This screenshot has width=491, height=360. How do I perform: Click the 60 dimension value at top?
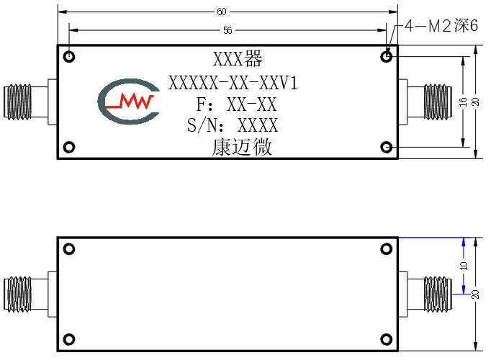coord(222,12)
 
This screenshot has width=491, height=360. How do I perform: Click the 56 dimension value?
coord(228,30)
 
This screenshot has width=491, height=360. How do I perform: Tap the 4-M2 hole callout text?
coord(441,26)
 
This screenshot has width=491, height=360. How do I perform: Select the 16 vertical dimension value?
coord(463,102)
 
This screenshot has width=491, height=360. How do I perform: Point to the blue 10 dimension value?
coord(464,266)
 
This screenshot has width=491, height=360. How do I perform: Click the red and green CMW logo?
coord(129,101)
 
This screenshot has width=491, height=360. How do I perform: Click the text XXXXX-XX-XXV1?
coord(233,84)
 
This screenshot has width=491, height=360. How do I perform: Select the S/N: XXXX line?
coord(233,125)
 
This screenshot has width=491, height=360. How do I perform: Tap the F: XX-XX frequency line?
coord(236,104)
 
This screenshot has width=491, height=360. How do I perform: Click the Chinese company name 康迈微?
coord(242,147)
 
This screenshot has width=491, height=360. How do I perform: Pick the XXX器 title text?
coord(238,58)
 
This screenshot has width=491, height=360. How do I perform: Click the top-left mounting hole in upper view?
coord(69,57)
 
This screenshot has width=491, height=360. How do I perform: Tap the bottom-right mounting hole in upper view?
coord(387,147)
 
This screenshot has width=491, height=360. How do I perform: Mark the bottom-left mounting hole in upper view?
coord(69,147)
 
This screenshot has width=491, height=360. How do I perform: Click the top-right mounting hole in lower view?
coord(387,249)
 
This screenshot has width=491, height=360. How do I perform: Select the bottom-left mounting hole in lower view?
coord(69,339)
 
